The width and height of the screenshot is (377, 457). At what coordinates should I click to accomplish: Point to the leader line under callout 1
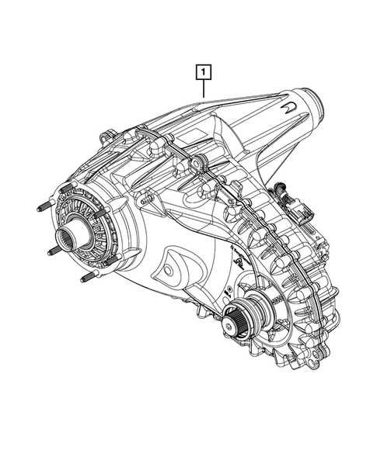pos(202,90)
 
